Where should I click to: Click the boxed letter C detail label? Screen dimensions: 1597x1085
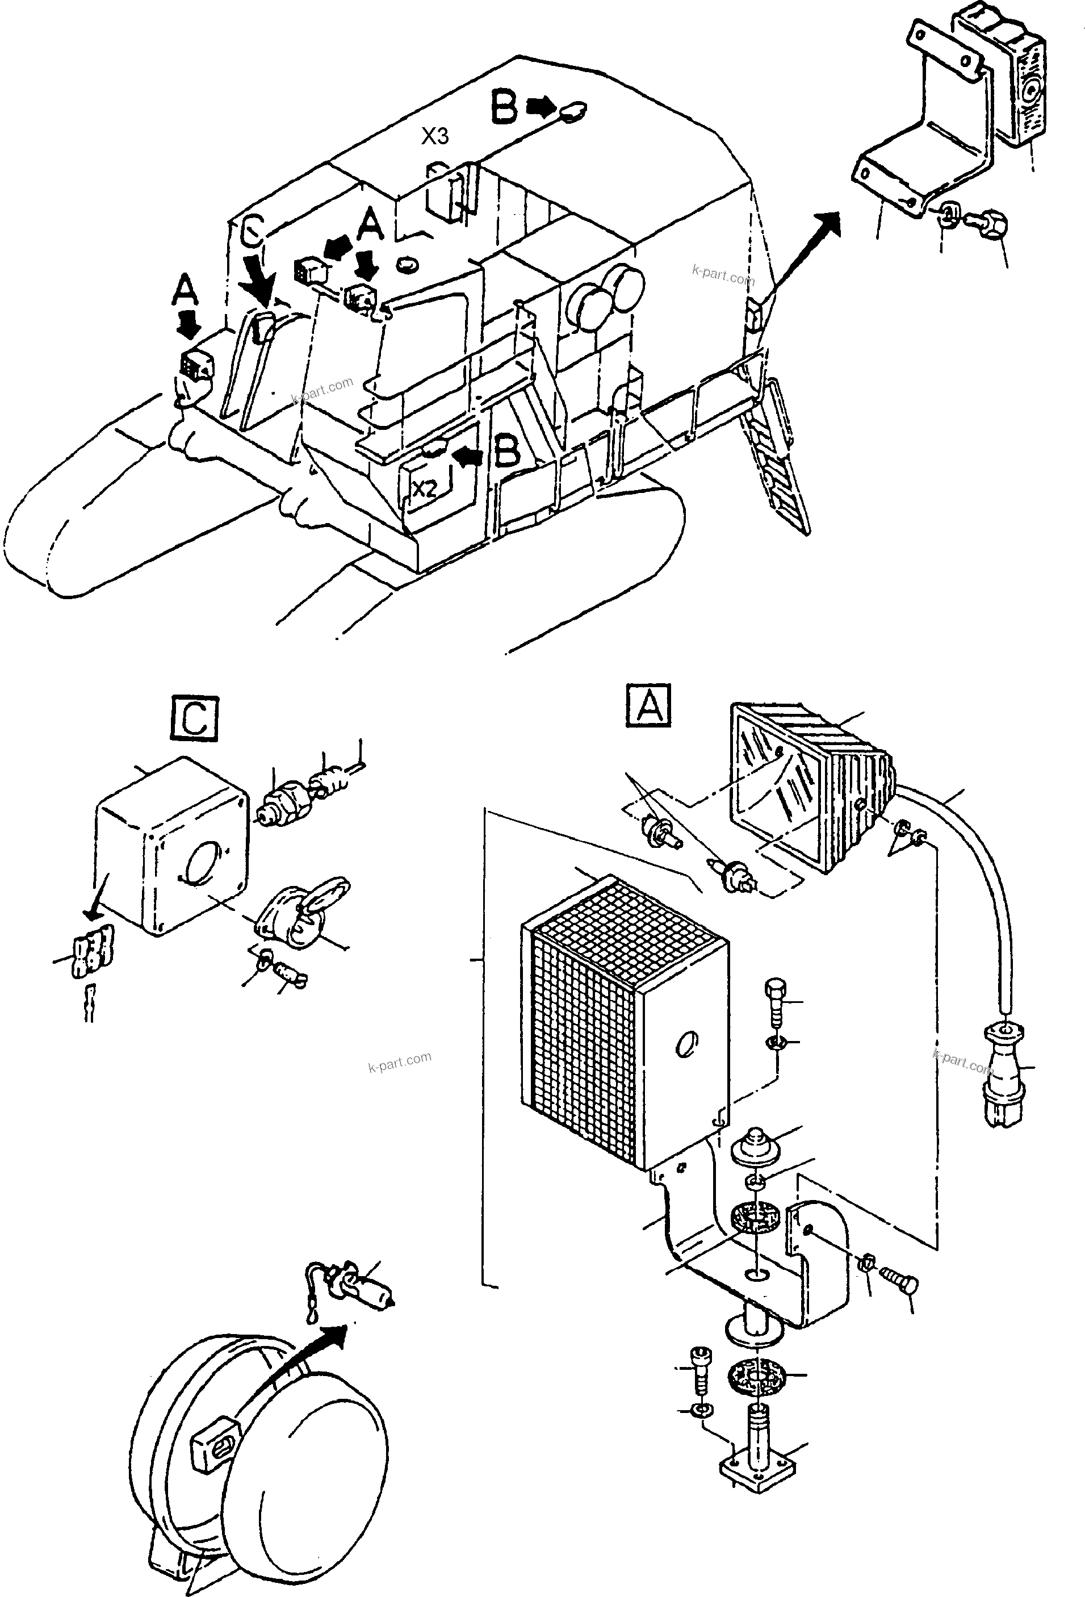pyautogui.click(x=195, y=720)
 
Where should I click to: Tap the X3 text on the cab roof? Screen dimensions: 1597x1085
pyautogui.click(x=435, y=137)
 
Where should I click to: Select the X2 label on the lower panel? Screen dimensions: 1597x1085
pyautogui.click(x=425, y=488)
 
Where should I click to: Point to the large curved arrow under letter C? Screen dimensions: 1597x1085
pyautogui.click(x=261, y=283)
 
